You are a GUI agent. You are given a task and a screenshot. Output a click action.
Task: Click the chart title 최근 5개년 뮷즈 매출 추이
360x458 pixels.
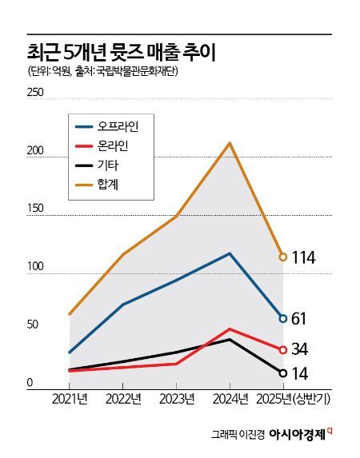[x=120, y=53]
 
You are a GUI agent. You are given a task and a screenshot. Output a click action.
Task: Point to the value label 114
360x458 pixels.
[x=304, y=257]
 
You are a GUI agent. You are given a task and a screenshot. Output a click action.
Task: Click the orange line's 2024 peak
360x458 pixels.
[x=230, y=143]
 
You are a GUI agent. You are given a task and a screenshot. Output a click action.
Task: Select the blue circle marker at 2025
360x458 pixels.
[x=282, y=318]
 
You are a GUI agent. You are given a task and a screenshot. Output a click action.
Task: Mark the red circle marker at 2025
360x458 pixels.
[x=282, y=349]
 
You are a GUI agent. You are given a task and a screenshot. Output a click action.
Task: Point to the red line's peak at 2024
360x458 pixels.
[x=230, y=329]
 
